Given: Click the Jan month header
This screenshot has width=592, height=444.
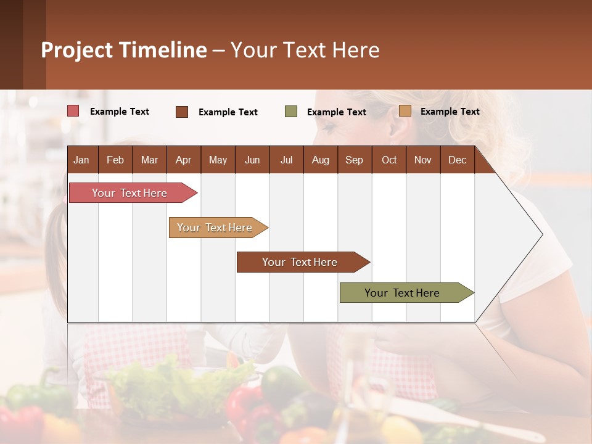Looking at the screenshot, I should point(81,160).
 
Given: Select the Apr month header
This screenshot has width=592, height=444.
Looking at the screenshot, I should point(183,160).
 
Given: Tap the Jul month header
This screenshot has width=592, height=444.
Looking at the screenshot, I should point(286,160).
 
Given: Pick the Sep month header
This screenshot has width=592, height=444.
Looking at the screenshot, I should point(354,160).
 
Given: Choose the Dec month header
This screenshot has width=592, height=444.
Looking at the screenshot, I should point(457,160).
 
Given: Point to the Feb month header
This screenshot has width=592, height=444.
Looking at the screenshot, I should point(115,160).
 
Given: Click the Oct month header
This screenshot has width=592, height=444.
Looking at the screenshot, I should point(389,160).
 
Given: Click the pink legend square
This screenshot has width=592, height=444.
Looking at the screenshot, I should point(73,111).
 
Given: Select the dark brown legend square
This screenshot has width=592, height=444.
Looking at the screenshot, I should point(182,112).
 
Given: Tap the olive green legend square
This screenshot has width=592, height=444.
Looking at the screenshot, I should point(291,112).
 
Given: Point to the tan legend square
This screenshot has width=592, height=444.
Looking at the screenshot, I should point(405,111).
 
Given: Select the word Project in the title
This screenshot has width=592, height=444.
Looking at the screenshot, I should point(76,50).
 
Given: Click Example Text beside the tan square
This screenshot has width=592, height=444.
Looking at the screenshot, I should point(450,112).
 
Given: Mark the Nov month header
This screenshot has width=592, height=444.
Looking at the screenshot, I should point(423,160).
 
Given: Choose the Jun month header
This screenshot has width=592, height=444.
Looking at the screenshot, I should point(252,160).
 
